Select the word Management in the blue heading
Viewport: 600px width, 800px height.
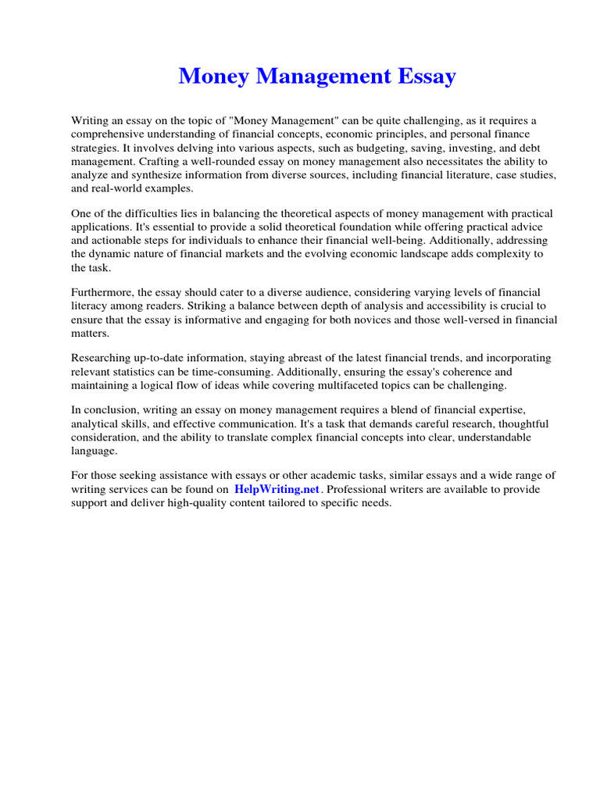point(319,77)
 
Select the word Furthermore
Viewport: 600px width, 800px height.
point(103,291)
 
